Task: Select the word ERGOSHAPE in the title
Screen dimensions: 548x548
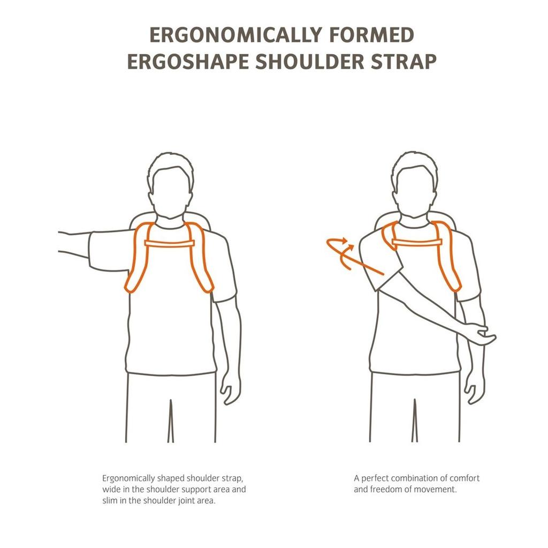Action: (x=188, y=62)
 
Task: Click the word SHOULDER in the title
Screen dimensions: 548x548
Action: (x=309, y=62)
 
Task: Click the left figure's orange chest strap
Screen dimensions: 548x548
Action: (x=170, y=244)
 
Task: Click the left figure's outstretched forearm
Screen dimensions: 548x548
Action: (x=74, y=243)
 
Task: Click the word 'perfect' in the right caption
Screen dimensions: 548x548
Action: (x=374, y=478)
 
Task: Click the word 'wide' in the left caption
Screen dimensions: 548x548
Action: (x=110, y=489)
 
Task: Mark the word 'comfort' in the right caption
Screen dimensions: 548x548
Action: (x=465, y=478)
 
